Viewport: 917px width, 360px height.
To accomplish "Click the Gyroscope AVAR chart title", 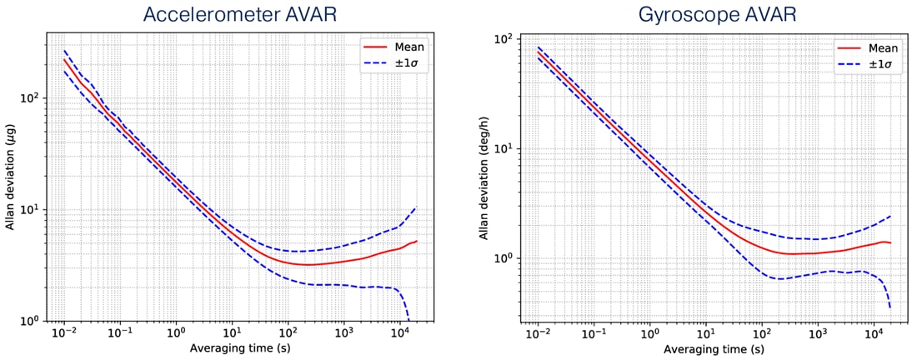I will [699, 14].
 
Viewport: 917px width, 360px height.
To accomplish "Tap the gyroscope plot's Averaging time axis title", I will [706, 347].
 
